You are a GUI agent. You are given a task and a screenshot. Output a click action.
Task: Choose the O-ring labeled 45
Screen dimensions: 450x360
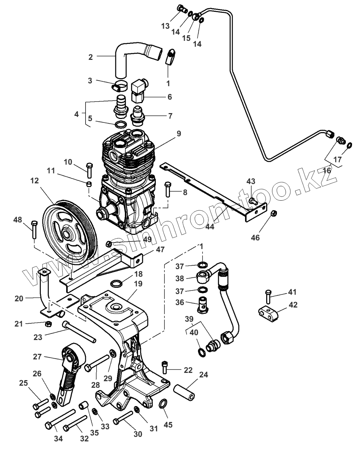click(x=163, y=404)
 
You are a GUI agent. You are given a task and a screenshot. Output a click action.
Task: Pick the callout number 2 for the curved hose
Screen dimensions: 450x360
click(x=91, y=57)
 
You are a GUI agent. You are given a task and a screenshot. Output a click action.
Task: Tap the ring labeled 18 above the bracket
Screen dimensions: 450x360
click(x=117, y=284)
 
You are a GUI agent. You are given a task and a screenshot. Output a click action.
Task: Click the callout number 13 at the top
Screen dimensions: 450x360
click(x=165, y=26)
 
